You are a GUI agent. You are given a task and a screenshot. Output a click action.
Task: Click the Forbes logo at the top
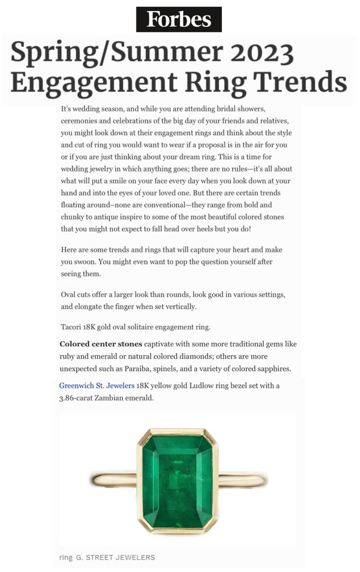click(179, 20)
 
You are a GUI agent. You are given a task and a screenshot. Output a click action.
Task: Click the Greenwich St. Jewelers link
click(97, 385)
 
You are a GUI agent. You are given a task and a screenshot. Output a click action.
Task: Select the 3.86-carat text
click(80, 398)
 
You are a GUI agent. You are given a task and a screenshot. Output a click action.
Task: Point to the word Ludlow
click(205, 385)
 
